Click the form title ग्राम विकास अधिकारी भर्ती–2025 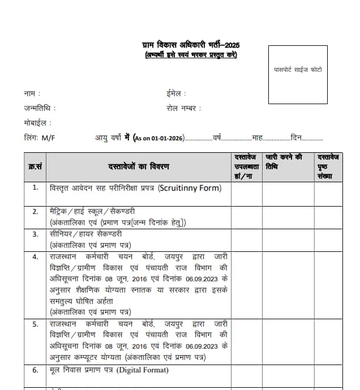click(x=190, y=45)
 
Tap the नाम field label click(x=32, y=93)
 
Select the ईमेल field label click(x=175, y=93)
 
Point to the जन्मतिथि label click(x=40, y=108)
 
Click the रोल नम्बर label click(x=183, y=108)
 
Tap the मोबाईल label click(x=37, y=122)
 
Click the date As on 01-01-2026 click(x=159, y=138)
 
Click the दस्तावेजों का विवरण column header click(x=138, y=166)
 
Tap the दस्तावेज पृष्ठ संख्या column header click(x=328, y=166)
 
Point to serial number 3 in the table click(x=35, y=234)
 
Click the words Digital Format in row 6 click(x=143, y=370)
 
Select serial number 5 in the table click(x=35, y=324)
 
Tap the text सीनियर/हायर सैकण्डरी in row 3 click(x=85, y=234)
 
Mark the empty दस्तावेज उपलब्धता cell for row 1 click(x=246, y=194)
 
